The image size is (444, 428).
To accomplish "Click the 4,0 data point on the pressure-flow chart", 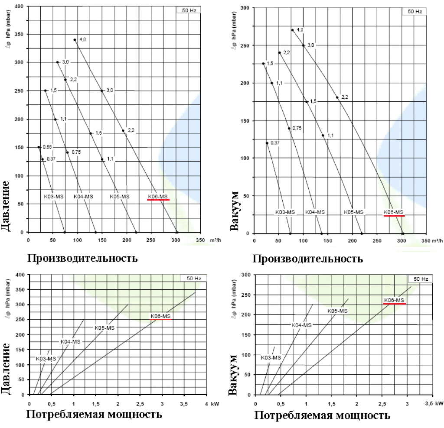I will coord(75,39).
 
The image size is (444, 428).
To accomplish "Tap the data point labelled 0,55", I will coord(39,147).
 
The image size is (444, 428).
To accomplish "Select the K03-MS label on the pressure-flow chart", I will coord(54,196).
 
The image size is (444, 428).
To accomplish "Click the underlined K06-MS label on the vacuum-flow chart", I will coord(394,212).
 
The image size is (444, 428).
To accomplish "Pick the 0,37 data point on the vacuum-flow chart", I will coord(267,143).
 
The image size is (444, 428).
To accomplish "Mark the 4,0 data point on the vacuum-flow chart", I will coord(292,30).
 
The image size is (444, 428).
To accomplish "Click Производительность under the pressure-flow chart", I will coord(82,258).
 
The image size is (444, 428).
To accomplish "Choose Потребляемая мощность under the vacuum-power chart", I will coord(322,415).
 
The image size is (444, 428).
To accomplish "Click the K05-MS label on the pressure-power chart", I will coord(104,328).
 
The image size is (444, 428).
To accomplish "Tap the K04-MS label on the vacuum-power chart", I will coord(301,325).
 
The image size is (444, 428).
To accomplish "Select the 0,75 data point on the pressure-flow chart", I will coord(67,152).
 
